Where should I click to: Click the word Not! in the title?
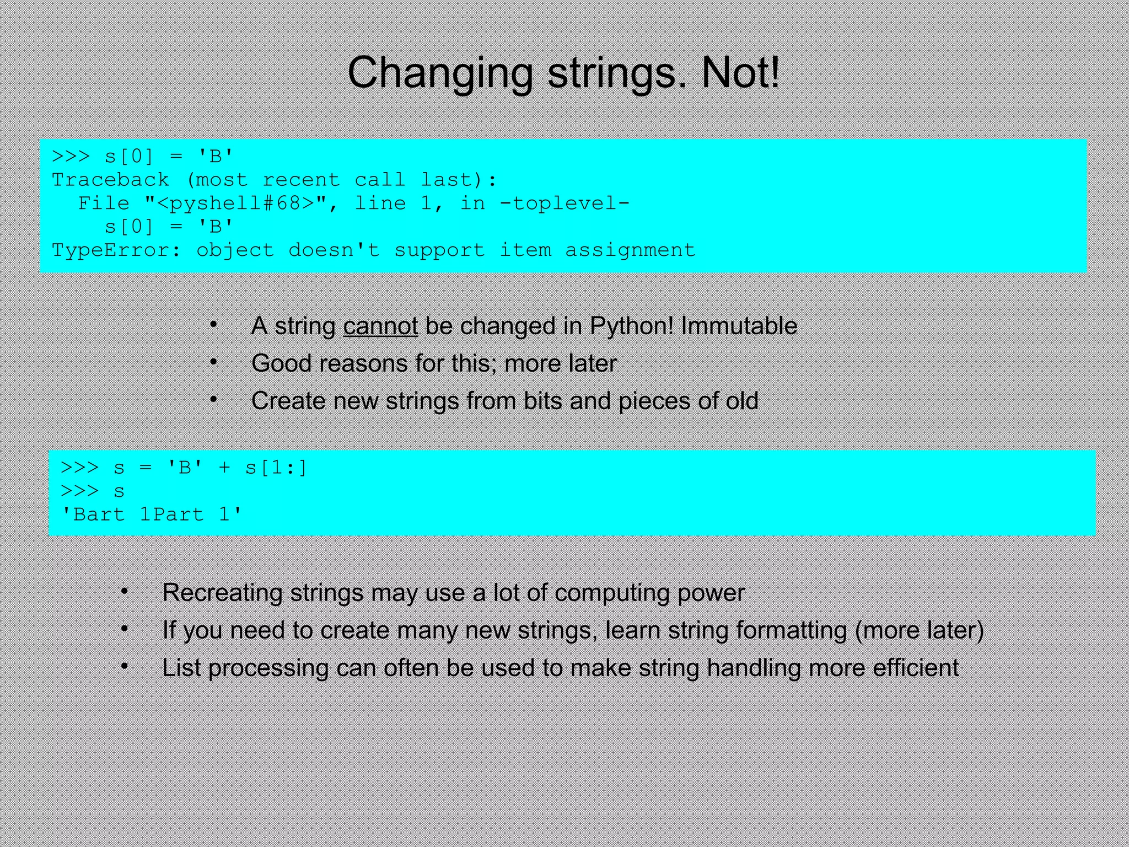tap(740, 73)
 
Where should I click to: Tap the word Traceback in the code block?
tap(110, 180)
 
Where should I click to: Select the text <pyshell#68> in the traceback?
tap(235, 203)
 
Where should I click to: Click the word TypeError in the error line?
tap(110, 250)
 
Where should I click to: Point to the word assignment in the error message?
tap(630, 250)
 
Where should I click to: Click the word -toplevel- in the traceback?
tap(564, 203)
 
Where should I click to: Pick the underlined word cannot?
tap(380, 326)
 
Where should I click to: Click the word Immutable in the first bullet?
tap(739, 326)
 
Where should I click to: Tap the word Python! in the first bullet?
tap(632, 326)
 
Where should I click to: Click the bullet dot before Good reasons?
tap(214, 362)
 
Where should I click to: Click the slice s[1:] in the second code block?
tap(276, 468)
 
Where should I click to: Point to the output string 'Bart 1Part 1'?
tap(151, 514)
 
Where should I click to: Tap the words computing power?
tap(649, 593)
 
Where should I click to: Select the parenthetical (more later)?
tap(919, 630)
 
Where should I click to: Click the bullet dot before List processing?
tap(125, 667)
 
